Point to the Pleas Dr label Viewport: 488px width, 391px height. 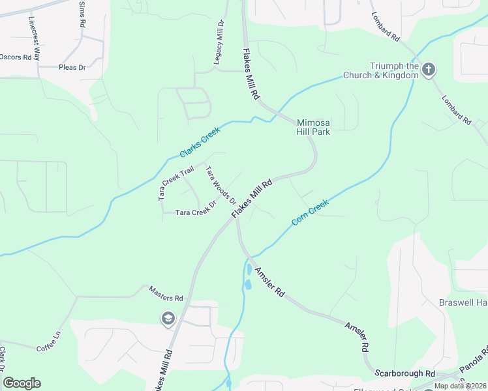tap(72, 67)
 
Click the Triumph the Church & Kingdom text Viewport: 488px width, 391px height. tap(394, 70)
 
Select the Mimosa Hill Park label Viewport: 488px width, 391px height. tap(313, 126)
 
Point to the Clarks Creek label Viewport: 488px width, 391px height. tap(200, 142)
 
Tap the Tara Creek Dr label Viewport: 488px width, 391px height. tap(195, 212)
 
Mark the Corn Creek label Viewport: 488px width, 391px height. tap(310, 212)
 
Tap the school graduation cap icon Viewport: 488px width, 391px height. tap(168, 318)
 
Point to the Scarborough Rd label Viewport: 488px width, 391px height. tap(404, 373)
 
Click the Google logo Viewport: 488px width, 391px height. tap(22, 383)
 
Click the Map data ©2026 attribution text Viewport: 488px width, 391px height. tap(461, 386)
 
